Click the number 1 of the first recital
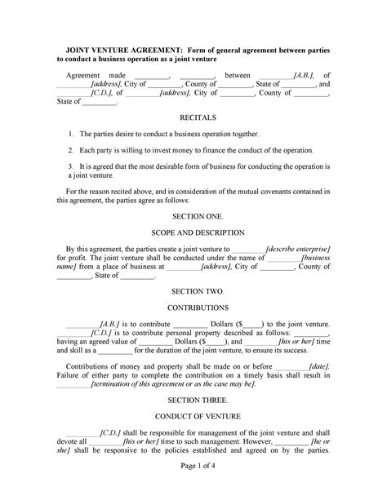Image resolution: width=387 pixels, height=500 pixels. point(72,133)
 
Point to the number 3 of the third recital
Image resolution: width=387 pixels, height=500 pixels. point(72,166)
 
